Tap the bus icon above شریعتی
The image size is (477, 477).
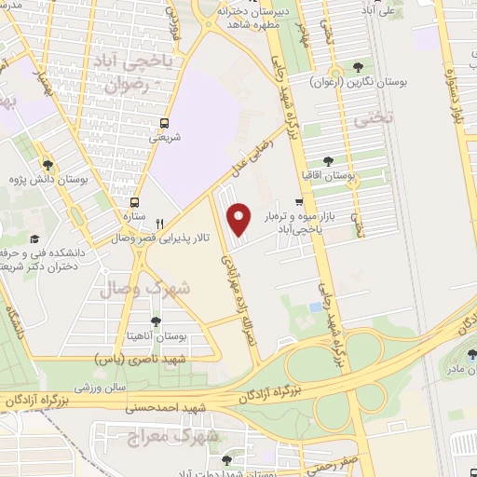[165, 122]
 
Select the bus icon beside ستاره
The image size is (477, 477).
[135, 202]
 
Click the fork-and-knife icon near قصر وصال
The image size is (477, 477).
[160, 224]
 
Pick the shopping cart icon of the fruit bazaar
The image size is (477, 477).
[299, 200]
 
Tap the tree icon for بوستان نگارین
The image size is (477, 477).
[358, 66]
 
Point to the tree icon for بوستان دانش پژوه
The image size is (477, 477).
[48, 166]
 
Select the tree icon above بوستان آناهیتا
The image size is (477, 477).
[155, 321]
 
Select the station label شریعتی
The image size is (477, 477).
[165, 137]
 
